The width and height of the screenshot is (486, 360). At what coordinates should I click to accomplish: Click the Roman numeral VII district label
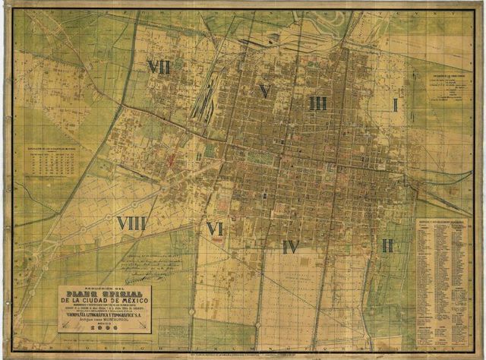point(159,68)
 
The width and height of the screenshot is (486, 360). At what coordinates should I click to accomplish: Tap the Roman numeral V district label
point(264,91)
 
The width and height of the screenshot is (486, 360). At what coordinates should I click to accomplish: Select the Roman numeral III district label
point(319,103)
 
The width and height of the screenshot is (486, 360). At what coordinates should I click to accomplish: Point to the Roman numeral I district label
point(395,105)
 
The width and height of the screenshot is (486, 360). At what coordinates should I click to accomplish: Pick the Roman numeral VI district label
point(215,228)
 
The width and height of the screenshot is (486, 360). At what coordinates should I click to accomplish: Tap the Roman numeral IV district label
point(291,246)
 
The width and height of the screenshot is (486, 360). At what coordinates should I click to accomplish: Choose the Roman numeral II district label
point(387,245)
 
